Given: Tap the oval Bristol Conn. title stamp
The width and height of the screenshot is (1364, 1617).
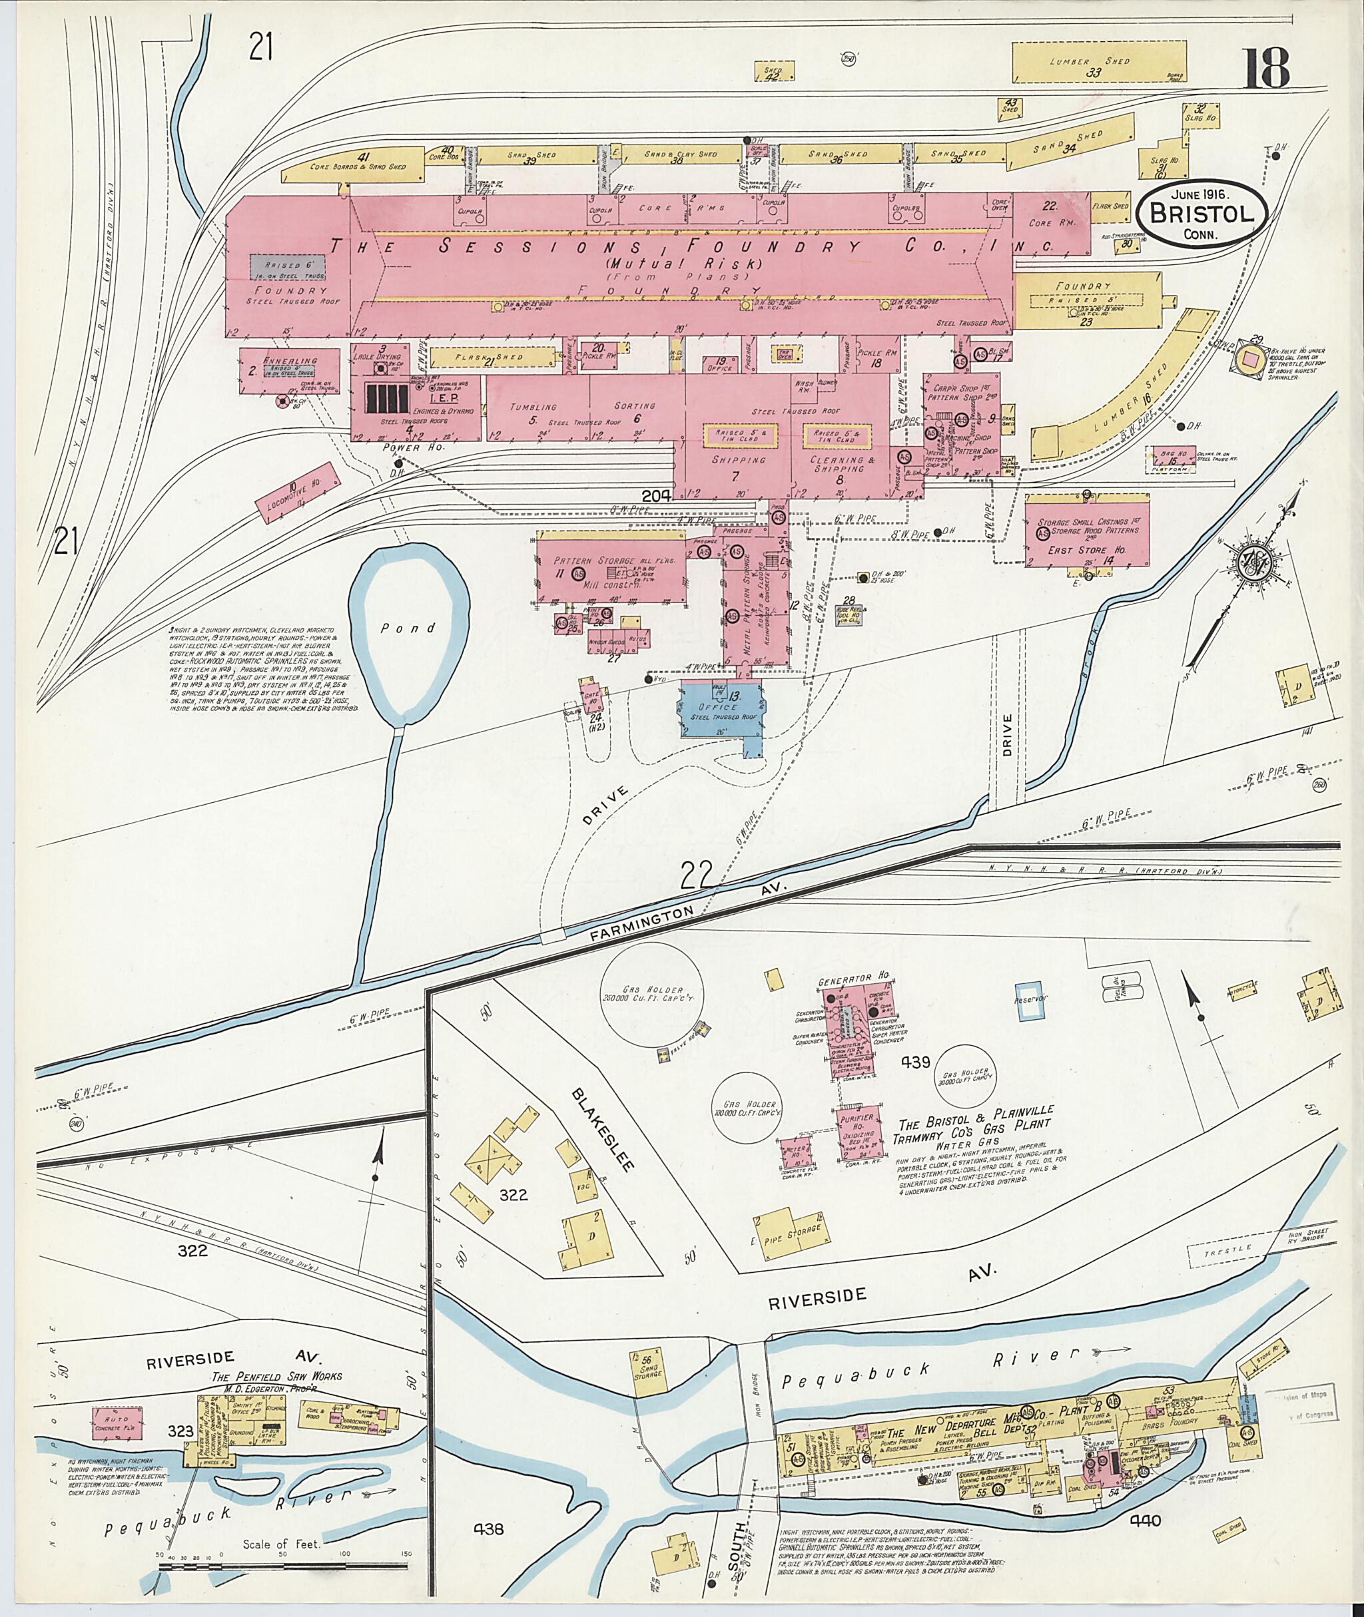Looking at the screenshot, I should [x=1201, y=214].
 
